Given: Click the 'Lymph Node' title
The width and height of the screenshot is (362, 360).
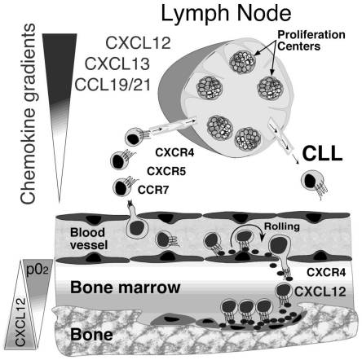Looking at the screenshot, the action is pyautogui.click(x=226, y=14).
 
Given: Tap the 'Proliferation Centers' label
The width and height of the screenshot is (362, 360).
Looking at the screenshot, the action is pyautogui.click(x=311, y=40).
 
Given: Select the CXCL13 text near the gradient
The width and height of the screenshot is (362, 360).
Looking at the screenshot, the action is pyautogui.click(x=117, y=64).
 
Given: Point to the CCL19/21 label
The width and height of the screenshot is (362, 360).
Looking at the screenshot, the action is pyautogui.click(x=113, y=85).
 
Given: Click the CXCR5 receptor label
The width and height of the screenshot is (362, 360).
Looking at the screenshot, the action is pyautogui.click(x=166, y=171).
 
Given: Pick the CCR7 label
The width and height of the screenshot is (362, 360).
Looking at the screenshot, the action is pyautogui.click(x=153, y=190).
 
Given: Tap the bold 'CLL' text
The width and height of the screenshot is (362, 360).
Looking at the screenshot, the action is pyautogui.click(x=322, y=154).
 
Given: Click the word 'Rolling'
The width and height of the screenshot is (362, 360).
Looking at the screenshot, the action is pyautogui.click(x=282, y=226).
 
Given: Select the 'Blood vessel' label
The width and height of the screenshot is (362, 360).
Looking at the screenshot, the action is pyautogui.click(x=89, y=239).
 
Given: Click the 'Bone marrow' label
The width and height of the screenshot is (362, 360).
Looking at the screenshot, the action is pyautogui.click(x=126, y=288).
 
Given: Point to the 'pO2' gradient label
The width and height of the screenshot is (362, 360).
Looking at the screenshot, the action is pyautogui.click(x=38, y=270).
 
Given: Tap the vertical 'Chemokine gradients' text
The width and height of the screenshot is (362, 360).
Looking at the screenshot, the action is pyautogui.click(x=28, y=114).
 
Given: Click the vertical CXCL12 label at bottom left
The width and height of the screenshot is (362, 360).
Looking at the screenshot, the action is pyautogui.click(x=20, y=322).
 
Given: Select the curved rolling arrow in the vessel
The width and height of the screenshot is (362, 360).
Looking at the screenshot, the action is pyautogui.click(x=245, y=230).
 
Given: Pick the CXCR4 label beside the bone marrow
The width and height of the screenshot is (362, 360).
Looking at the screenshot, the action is pyautogui.click(x=326, y=272).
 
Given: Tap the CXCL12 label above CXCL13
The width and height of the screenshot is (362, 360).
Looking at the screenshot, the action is pyautogui.click(x=138, y=43).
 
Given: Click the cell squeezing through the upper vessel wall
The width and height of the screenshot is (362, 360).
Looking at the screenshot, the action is pyautogui.click(x=135, y=222).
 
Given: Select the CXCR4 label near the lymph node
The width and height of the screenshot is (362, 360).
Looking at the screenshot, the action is pyautogui.click(x=174, y=153).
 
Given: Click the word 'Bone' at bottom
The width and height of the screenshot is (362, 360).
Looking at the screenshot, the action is pyautogui.click(x=91, y=334).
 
